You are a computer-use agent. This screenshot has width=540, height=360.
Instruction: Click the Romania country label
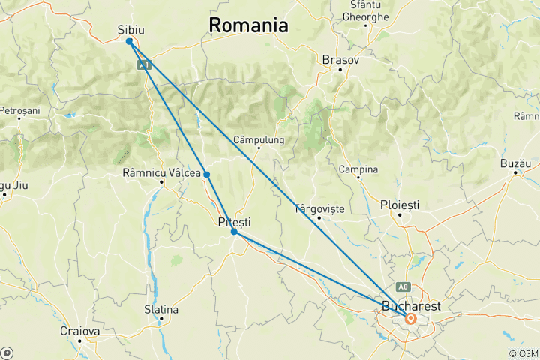248,25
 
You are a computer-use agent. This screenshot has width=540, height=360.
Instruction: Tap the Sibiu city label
131,29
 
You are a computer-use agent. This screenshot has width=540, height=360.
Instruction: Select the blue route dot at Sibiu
130,41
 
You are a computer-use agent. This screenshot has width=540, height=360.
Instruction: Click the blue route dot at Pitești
234,232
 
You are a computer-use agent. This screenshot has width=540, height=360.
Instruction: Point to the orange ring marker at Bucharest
411,318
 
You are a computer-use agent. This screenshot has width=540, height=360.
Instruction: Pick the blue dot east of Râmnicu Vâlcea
206,175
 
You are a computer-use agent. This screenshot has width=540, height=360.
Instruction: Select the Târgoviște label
320,208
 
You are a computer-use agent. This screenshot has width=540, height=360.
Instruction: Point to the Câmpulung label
259,139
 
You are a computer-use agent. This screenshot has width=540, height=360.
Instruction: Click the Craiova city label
80,331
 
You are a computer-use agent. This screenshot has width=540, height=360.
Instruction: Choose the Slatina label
161,309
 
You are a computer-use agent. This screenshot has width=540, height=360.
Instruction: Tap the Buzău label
515,163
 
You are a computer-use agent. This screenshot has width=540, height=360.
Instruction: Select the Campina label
358,169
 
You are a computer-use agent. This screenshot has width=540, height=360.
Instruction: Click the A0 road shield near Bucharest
404,286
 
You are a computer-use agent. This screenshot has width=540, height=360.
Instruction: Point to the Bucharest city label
410,306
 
